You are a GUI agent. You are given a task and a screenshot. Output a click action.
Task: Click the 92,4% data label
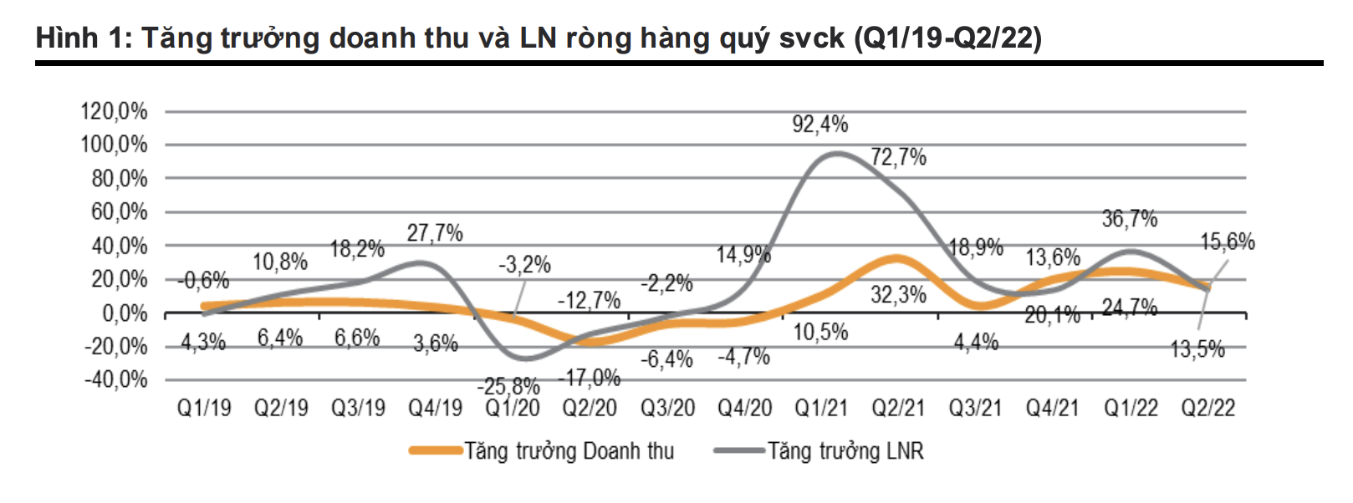point(819,124)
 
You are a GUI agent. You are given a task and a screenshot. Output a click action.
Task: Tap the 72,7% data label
point(898,157)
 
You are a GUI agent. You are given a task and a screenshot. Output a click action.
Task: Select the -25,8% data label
point(508,387)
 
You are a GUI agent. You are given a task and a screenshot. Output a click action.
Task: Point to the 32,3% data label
point(898,295)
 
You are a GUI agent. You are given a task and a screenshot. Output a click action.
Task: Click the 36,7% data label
point(1129,220)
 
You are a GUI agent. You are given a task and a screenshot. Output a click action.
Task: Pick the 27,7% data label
point(435,233)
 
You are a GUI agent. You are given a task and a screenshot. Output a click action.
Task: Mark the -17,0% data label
point(590,379)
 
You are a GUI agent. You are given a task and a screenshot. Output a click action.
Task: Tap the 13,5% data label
point(1197,349)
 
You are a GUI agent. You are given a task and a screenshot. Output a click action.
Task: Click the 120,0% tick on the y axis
point(114,111)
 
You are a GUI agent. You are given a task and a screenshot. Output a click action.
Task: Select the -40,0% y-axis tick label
point(115,380)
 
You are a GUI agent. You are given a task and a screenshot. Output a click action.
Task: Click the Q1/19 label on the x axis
point(203,408)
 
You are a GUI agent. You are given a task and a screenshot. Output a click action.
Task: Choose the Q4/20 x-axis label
point(744,408)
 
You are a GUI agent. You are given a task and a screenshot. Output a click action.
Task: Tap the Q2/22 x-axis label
point(1207,408)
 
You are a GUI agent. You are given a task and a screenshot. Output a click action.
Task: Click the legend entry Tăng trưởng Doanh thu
point(569,451)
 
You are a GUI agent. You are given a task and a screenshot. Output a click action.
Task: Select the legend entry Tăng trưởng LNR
point(845,451)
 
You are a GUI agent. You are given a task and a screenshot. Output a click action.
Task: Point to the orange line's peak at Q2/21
point(896,258)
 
